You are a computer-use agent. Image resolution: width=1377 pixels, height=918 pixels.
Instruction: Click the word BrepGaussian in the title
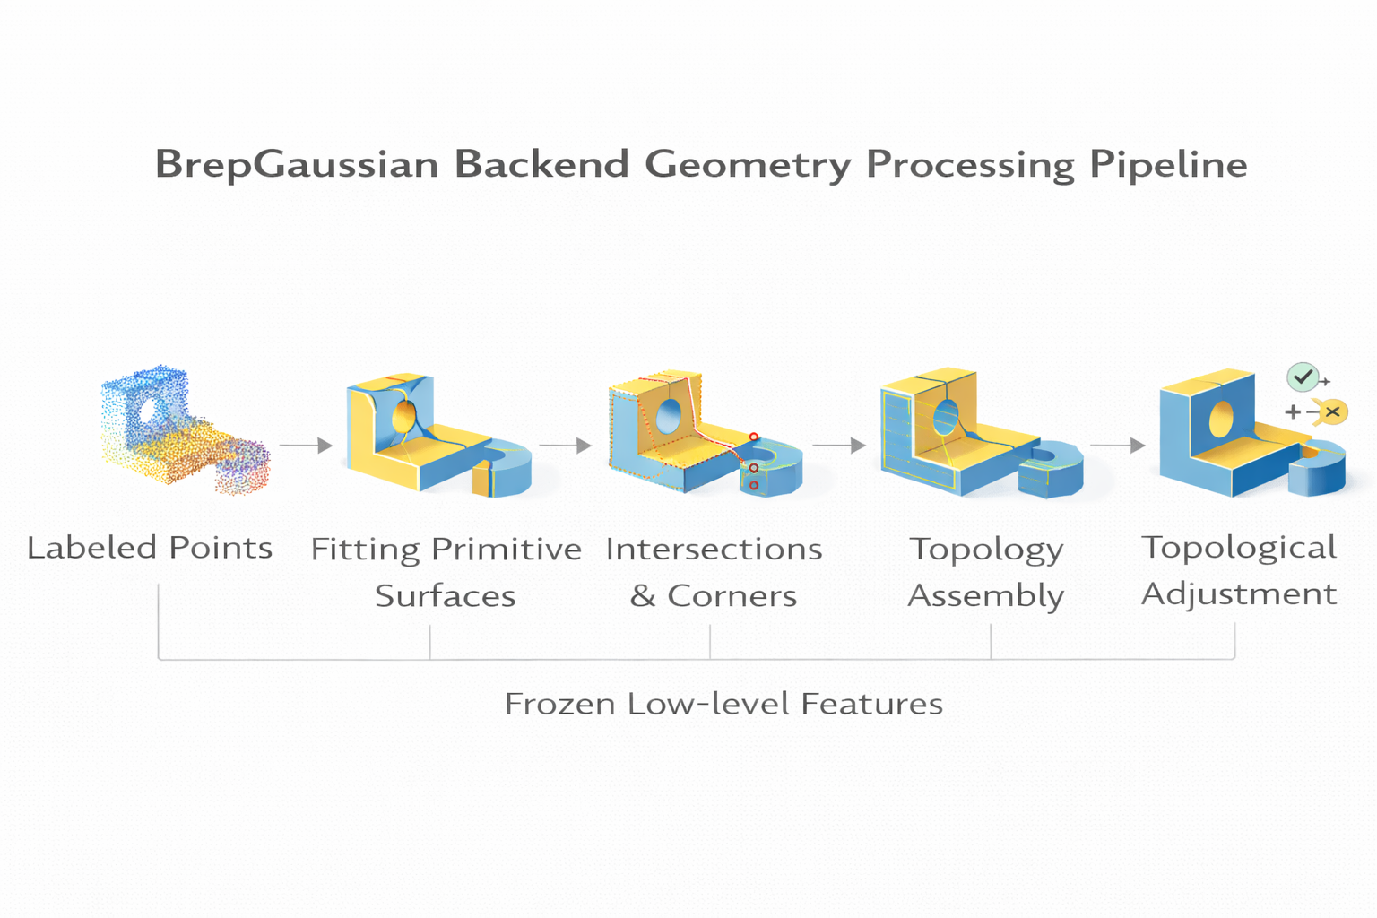coord(297,165)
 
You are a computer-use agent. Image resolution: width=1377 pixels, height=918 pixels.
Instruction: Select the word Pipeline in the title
coord(1168,165)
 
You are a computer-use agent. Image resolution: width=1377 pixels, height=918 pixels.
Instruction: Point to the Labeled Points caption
coord(150,548)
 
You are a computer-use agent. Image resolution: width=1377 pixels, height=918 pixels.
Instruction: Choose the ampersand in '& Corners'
coord(643,596)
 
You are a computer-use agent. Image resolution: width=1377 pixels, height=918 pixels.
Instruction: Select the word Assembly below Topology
coord(986,596)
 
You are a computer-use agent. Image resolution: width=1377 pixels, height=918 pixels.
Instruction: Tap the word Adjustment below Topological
coord(1239,594)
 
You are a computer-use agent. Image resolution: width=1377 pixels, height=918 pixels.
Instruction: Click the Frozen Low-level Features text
coord(723,705)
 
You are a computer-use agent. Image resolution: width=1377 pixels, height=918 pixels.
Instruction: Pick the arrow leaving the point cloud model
coord(307,445)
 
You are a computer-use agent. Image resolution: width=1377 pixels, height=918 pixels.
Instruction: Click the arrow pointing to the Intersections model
coord(566,445)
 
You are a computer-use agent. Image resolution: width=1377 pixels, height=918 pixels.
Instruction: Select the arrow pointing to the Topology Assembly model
coord(839,445)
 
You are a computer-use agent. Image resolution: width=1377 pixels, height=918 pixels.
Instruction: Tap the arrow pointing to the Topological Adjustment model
coord(1119,445)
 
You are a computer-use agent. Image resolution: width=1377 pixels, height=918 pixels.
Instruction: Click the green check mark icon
coord(1303,377)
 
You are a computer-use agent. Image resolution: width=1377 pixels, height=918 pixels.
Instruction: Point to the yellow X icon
coord(1333,411)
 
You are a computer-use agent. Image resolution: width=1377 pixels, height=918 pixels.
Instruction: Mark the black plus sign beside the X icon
coord(1293,412)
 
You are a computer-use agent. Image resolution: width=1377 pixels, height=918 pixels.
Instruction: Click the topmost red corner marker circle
coord(754,437)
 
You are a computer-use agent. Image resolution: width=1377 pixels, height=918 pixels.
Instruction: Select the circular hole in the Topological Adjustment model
coord(1221,419)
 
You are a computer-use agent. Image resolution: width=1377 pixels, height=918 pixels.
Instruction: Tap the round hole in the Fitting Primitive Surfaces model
coord(404,417)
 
